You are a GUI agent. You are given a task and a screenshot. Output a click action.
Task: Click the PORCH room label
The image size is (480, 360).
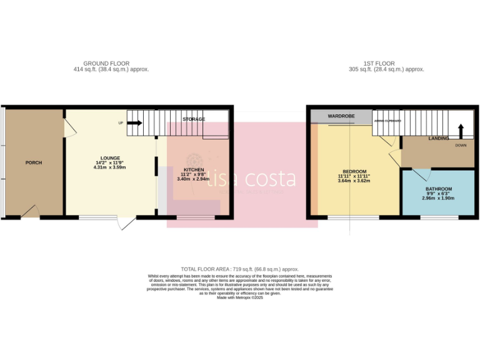(34, 162)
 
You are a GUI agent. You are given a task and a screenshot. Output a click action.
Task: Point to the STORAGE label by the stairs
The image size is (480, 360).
(194, 119)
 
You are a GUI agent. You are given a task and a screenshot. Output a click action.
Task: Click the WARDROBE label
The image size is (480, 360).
(341, 116)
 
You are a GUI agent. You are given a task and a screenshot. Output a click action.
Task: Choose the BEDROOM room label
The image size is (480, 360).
(354, 171)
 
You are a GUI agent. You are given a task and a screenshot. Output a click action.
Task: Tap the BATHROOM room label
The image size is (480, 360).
(438, 188)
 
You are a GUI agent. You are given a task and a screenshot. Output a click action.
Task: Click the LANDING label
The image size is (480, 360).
(439, 138)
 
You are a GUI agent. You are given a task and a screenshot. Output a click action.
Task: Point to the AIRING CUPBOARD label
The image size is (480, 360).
(387, 121)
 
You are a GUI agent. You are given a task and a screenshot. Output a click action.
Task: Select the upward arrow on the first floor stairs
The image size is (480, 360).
(461, 130)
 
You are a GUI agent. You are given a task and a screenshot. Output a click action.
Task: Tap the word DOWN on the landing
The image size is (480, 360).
(461, 145)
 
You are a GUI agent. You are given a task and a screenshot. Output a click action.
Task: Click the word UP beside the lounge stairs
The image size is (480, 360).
(121, 122)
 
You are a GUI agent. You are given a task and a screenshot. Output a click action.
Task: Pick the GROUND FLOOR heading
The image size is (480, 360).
(106, 63)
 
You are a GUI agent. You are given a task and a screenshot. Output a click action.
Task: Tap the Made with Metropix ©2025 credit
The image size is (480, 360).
(240, 297)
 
